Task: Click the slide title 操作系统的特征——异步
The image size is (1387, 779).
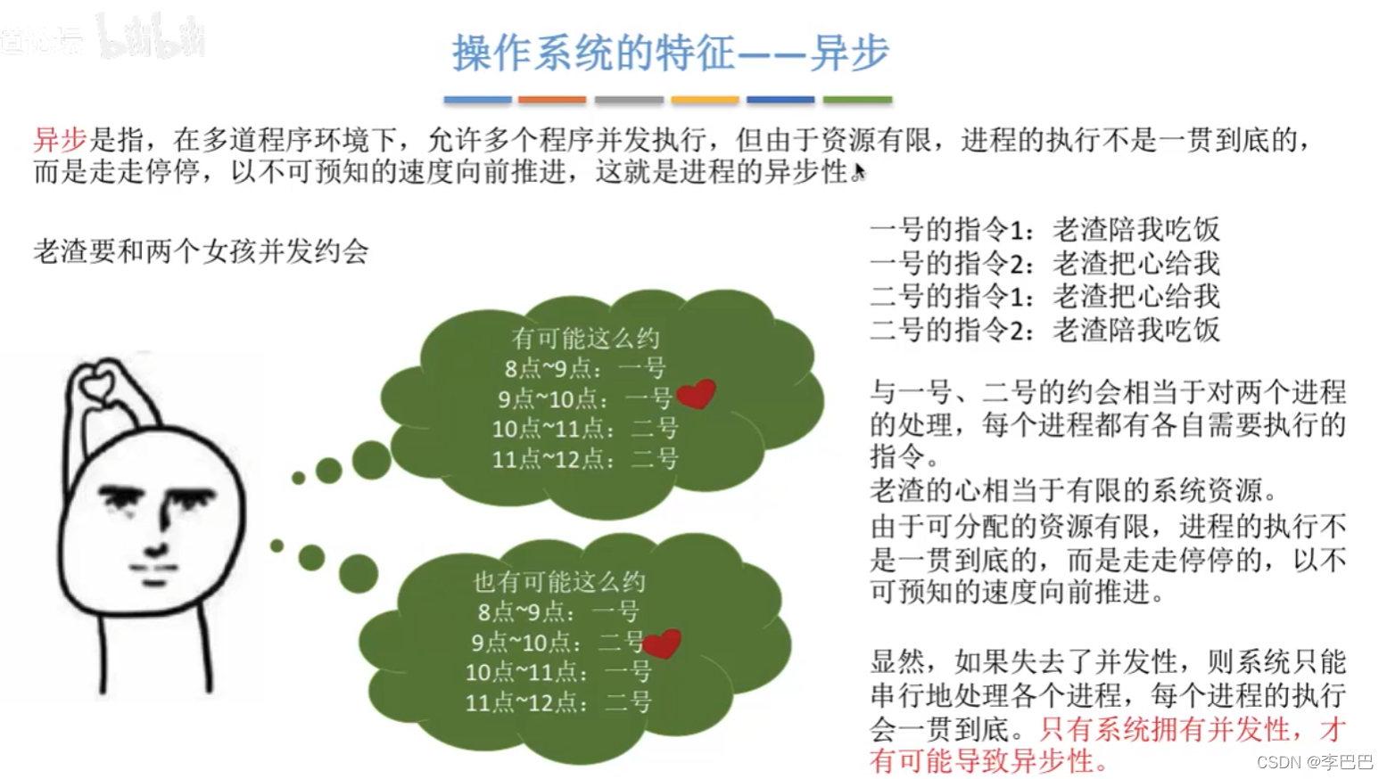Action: pyautogui.click(x=671, y=53)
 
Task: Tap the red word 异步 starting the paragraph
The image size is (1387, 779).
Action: pyautogui.click(x=60, y=140)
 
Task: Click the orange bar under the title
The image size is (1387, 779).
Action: pyautogui.click(x=552, y=100)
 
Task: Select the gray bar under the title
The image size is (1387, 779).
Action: pyautogui.click(x=629, y=100)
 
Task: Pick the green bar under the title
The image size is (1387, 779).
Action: pyautogui.click(x=857, y=100)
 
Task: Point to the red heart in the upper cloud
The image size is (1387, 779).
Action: pyautogui.click(x=696, y=394)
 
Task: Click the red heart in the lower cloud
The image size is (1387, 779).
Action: pyautogui.click(x=662, y=644)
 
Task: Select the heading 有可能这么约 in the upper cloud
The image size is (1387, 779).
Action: pyautogui.click(x=585, y=339)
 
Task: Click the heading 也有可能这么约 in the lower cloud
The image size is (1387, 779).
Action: pyautogui.click(x=558, y=582)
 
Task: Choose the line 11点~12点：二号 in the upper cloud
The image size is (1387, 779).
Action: pyautogui.click(x=585, y=459)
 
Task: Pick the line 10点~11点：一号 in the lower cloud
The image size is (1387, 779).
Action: pyautogui.click(x=557, y=672)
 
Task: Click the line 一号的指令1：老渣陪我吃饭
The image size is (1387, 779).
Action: pyautogui.click(x=1044, y=230)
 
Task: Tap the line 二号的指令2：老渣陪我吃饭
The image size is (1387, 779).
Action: pyautogui.click(x=1044, y=329)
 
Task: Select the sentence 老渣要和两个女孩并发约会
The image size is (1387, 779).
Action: pyautogui.click(x=201, y=251)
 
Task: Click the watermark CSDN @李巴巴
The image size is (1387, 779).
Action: pyautogui.click(x=1314, y=762)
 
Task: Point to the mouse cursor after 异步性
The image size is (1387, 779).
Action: pyautogui.click(x=860, y=172)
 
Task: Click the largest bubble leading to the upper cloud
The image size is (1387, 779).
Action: pyautogui.click(x=372, y=460)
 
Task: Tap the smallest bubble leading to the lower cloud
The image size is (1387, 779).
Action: pyautogui.click(x=277, y=545)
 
